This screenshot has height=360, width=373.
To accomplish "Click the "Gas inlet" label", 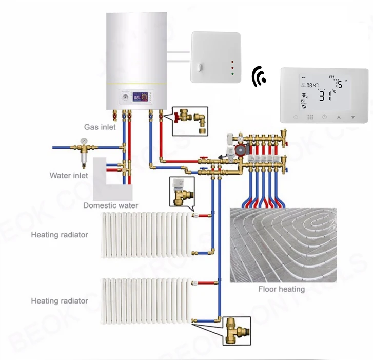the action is click(100, 127).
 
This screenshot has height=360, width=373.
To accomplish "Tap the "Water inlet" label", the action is click(69, 176).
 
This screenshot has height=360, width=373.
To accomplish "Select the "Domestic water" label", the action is click(110, 206).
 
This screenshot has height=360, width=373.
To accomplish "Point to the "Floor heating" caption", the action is click(281, 289).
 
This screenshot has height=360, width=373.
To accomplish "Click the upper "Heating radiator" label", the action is click(60, 235).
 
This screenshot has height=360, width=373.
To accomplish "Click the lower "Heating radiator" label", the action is click(60, 301).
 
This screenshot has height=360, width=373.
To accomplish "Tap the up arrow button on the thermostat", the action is click(339, 117).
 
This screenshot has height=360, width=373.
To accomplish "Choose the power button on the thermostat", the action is click(324, 117).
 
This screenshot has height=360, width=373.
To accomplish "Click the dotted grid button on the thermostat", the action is click(310, 117).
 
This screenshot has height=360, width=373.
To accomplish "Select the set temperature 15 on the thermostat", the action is click(339, 84).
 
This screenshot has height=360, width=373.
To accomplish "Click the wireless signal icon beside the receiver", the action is click(260, 77).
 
